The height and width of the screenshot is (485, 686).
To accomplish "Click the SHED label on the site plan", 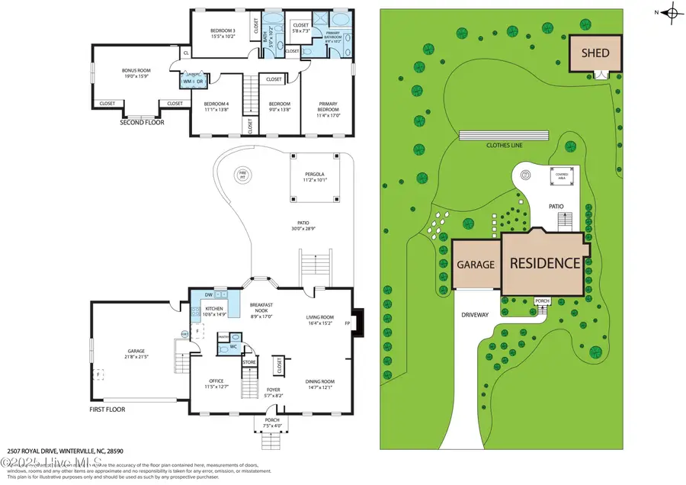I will tap(595, 53).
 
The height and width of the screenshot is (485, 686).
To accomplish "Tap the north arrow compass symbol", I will tap(672, 12).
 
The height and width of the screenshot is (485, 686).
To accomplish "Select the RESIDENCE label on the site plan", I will tap(545, 263).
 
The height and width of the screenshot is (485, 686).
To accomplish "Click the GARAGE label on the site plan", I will tap(476, 265).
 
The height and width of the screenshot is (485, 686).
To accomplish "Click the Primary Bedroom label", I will tap(329, 107).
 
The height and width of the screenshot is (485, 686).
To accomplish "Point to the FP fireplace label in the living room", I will tap(348, 323).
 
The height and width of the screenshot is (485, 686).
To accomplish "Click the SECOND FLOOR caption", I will tap(141, 121).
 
